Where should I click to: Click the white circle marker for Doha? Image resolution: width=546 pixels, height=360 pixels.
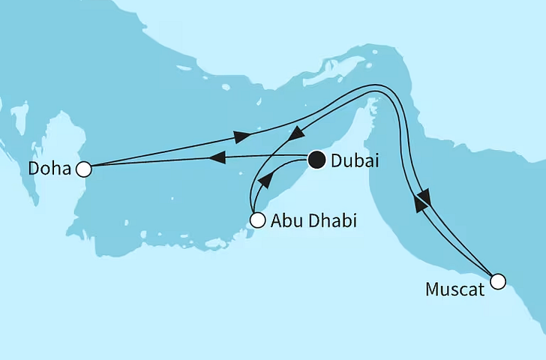pyautogui.click(x=84, y=169)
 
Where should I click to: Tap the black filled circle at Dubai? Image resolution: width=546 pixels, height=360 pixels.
pyautogui.click(x=316, y=159)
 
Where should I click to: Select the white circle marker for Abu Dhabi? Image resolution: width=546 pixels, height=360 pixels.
pyautogui.click(x=257, y=220)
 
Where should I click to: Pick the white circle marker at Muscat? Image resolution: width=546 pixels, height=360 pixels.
pyautogui.click(x=498, y=282)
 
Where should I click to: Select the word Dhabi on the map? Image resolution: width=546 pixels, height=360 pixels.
pyautogui.click(x=331, y=221)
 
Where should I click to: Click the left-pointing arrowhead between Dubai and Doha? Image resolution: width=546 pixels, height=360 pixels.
pyautogui.click(x=216, y=158)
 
